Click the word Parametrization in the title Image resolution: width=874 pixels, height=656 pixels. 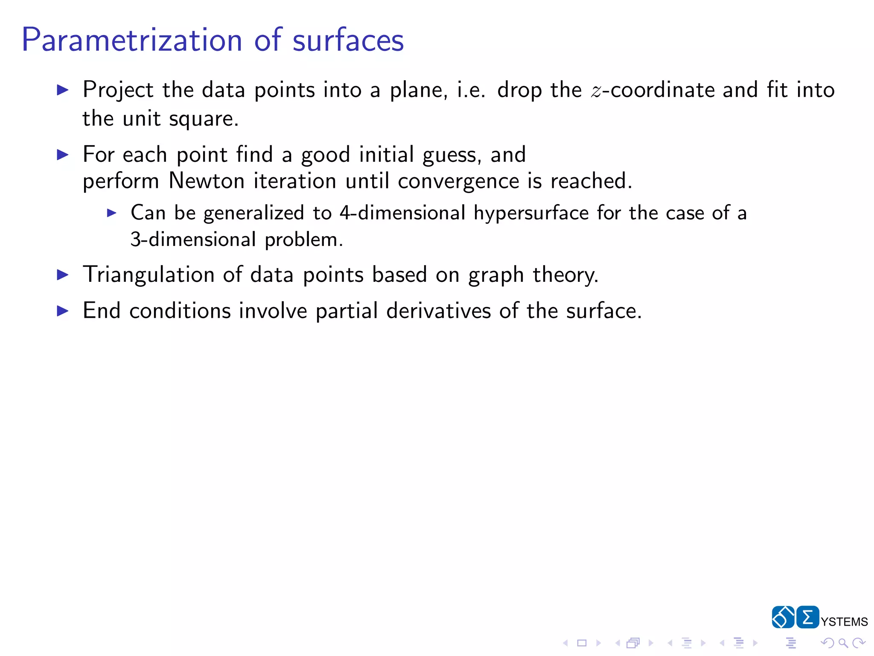point(131,40)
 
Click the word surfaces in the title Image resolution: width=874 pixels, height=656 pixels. point(348,40)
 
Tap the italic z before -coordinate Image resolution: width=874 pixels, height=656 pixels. point(596,91)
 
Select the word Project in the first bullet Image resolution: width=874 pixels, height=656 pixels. point(118,90)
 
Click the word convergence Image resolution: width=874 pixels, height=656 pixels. point(458,182)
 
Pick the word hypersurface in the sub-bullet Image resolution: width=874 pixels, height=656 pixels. point(531,213)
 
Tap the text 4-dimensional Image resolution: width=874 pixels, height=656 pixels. point(402,213)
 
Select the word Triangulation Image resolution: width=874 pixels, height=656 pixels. point(148,275)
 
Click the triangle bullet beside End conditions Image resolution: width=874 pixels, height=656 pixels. point(63,311)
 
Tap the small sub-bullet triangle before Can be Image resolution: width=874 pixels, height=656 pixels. point(111,213)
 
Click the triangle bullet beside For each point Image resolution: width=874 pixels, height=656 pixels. point(63,155)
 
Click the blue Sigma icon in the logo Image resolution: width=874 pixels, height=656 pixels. point(807,617)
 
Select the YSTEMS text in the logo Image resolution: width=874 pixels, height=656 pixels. point(844,622)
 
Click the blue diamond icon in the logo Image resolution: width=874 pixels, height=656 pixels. point(783,617)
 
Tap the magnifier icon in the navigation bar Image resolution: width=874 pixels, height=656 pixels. point(843,643)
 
